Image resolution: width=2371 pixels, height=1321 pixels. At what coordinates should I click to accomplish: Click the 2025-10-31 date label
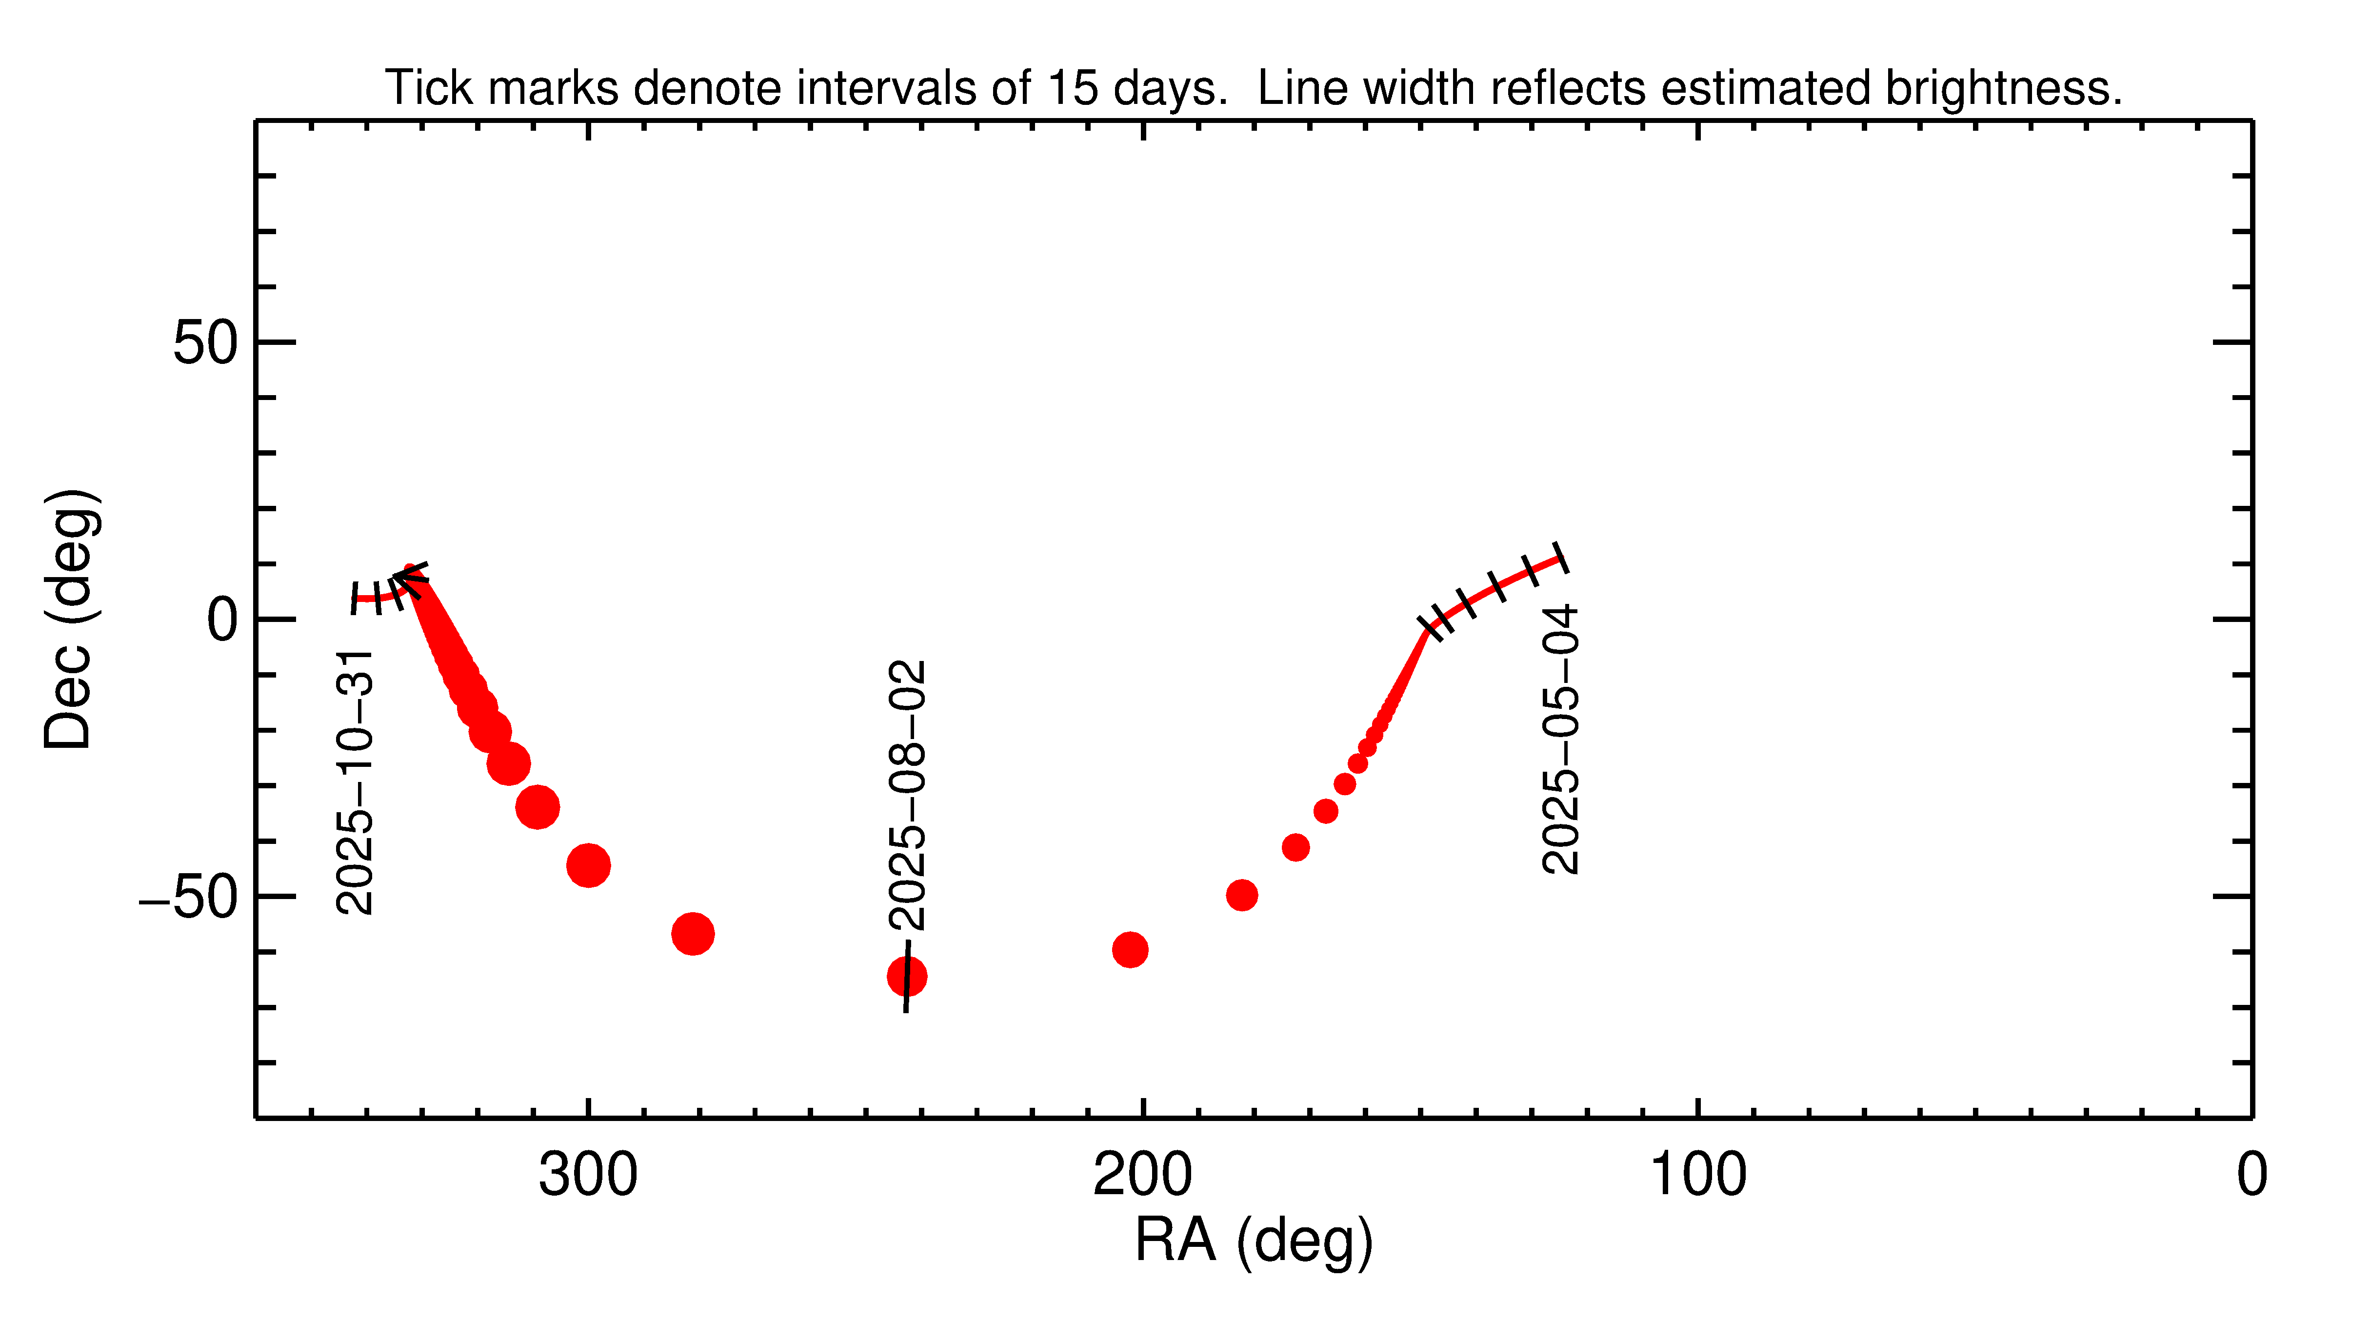355,782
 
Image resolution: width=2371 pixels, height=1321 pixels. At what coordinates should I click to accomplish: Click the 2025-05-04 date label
1561,739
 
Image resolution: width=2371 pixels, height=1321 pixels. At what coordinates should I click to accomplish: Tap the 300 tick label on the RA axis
588,1176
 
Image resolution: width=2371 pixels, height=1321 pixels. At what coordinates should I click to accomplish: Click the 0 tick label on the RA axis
2251,1176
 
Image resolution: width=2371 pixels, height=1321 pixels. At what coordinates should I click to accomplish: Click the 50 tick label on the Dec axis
206,343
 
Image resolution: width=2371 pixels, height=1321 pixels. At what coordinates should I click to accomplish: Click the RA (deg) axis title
1254,1241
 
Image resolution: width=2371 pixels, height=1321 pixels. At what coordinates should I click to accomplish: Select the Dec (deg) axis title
70,620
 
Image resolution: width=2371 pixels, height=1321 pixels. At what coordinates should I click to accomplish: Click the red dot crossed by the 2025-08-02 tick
907,976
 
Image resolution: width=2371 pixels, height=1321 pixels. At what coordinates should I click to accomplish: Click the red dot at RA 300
588,865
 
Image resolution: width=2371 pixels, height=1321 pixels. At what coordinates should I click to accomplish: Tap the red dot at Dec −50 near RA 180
1242,895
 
